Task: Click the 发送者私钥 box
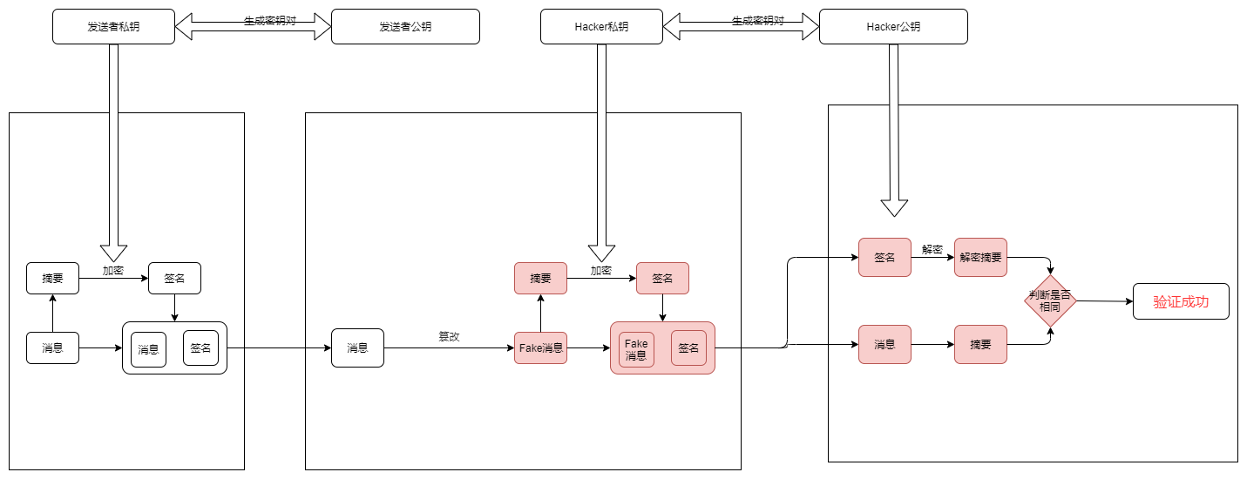[x=113, y=26]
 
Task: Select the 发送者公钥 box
[x=405, y=26]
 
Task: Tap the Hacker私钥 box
[x=601, y=26]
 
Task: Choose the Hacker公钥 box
[x=893, y=26]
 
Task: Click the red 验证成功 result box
[x=1181, y=301]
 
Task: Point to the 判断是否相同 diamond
[x=1050, y=301]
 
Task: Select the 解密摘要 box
[x=980, y=257]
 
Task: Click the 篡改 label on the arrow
[x=449, y=336]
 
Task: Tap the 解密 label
[x=932, y=249]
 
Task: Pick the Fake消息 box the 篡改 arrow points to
[x=540, y=347]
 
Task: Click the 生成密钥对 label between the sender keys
[x=269, y=20]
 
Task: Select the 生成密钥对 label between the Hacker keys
[x=757, y=20]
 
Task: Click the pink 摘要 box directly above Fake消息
[x=540, y=278]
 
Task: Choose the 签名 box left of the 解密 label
[x=884, y=257]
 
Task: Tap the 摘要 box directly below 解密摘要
[x=980, y=344]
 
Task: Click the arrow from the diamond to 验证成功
[x=1104, y=301]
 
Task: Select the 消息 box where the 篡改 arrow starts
[x=357, y=347]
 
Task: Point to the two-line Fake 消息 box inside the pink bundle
[x=636, y=349]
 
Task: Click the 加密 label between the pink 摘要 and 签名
[x=601, y=271]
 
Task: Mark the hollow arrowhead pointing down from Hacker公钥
[x=894, y=207]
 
